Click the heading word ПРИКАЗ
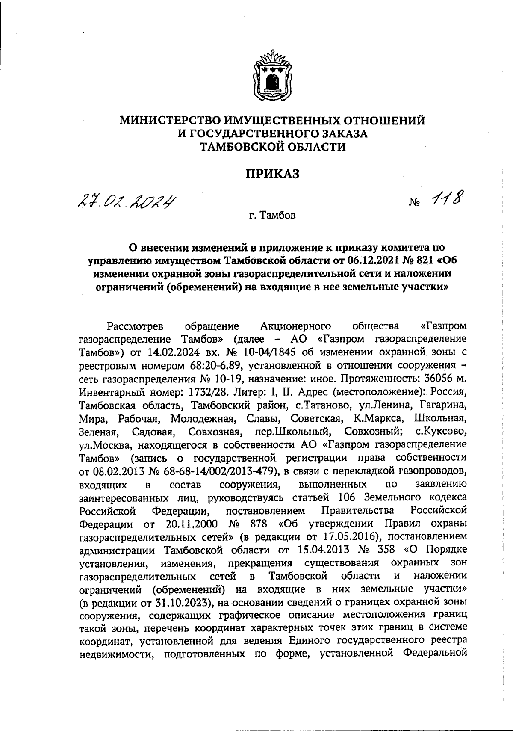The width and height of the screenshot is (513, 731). click(271, 174)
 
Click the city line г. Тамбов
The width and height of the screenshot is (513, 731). click(272, 216)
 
